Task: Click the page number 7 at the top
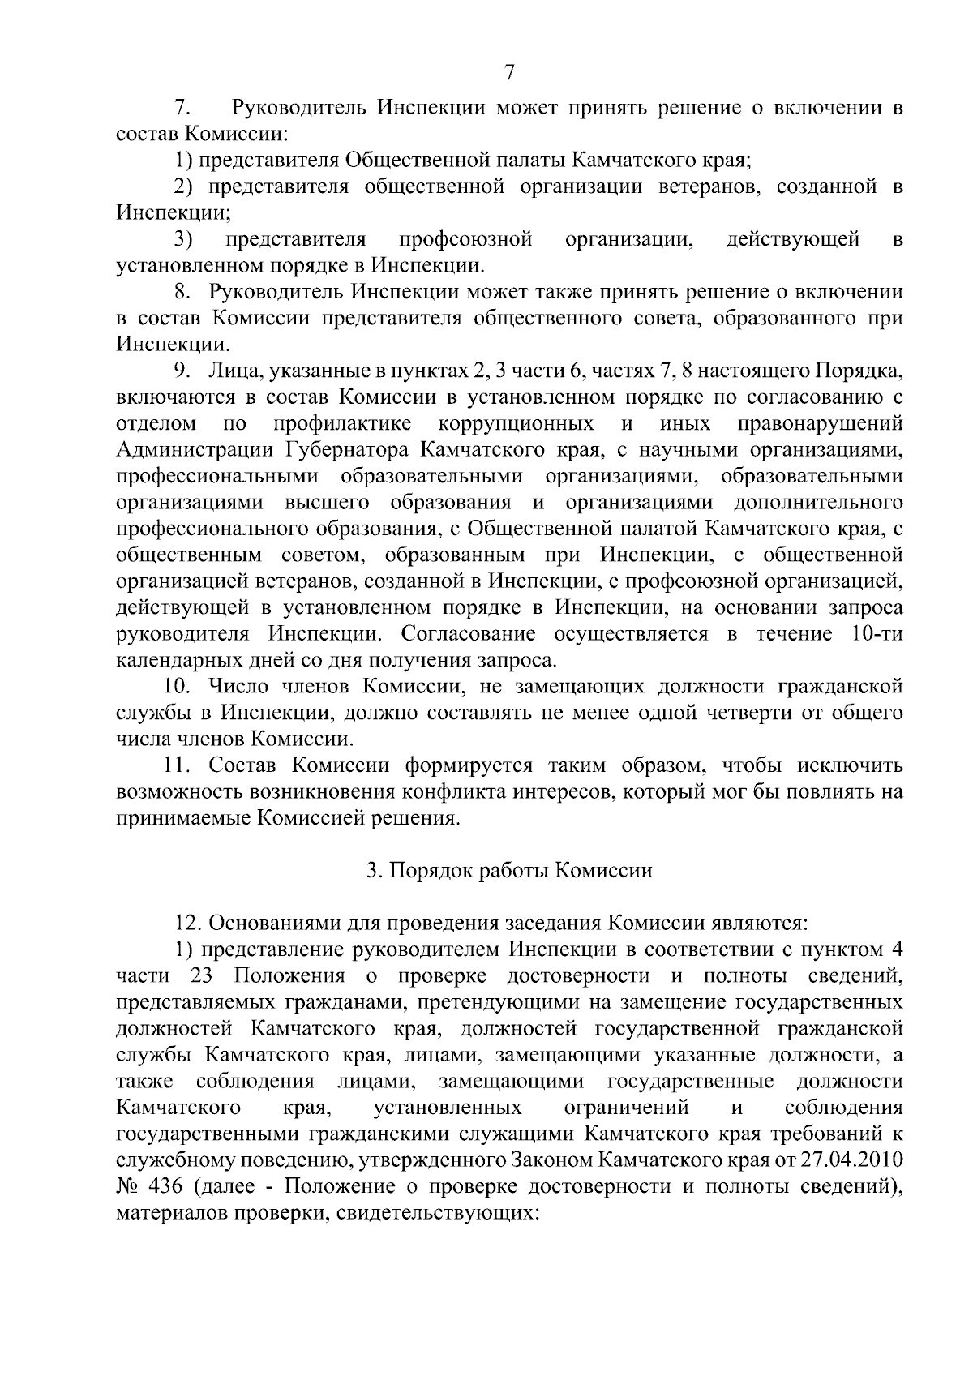(509, 73)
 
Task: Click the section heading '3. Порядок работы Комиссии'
(508, 871)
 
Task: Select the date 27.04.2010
(851, 1160)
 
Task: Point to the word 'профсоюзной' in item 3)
(466, 239)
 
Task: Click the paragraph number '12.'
(190, 923)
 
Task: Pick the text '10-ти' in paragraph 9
(877, 633)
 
